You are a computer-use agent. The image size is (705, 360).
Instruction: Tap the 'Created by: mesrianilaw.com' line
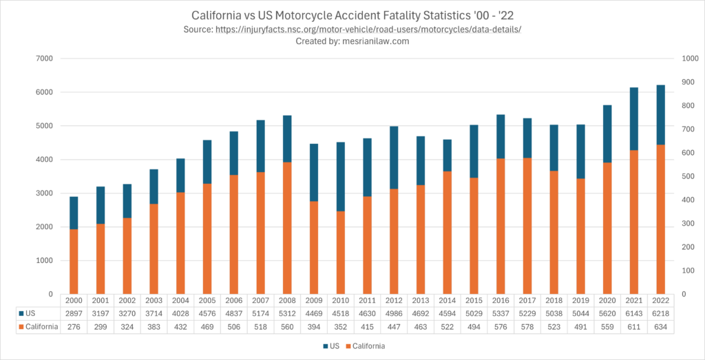point(352,41)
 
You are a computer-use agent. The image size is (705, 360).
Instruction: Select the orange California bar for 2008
point(284,228)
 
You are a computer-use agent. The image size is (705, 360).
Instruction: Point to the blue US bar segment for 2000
point(74,213)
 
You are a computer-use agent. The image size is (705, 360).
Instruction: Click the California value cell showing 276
point(74,326)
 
